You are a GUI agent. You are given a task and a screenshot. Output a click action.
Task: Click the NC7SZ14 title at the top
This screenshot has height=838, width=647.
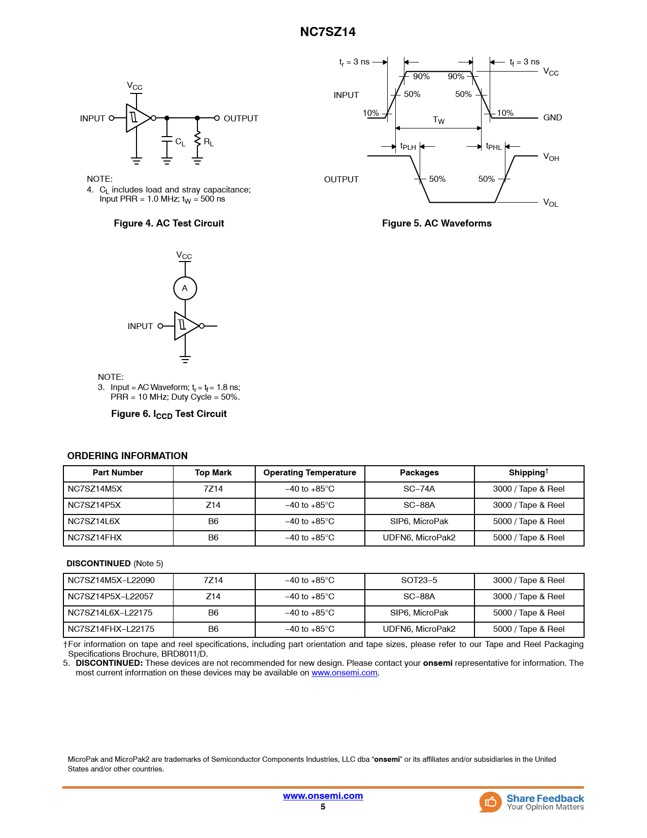click(328, 32)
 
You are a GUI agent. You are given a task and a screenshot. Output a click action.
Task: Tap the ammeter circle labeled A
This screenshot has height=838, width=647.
click(185, 288)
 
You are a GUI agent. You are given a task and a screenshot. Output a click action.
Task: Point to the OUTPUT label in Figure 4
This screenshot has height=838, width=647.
click(241, 118)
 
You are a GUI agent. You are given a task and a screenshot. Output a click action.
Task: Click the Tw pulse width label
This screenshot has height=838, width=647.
click(438, 120)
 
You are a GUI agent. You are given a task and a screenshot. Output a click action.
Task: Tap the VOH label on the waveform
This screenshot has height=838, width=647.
click(551, 157)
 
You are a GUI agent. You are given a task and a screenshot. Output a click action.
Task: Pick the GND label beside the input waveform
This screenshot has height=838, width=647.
click(552, 118)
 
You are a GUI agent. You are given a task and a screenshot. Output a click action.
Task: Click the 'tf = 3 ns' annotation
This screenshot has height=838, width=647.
click(524, 62)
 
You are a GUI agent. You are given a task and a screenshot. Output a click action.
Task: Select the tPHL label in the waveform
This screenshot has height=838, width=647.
click(493, 147)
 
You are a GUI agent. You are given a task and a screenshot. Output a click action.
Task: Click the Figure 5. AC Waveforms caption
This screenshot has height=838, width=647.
click(436, 223)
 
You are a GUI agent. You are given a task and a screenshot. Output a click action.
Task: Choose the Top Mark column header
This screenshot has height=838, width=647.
click(213, 473)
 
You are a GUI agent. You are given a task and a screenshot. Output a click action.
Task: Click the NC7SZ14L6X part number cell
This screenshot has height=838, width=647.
click(94, 522)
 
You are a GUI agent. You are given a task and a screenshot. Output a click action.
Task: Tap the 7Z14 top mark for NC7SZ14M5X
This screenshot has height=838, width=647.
click(213, 489)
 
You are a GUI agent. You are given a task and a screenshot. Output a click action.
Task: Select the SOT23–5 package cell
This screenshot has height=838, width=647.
click(419, 581)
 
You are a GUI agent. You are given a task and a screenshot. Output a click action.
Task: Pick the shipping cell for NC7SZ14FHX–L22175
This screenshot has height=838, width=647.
click(529, 629)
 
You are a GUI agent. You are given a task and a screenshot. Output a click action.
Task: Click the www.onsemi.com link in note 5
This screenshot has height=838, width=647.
click(344, 673)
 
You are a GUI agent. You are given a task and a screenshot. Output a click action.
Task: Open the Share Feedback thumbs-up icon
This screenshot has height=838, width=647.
click(490, 802)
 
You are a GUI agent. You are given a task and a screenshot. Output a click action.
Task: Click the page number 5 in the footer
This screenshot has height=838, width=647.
click(323, 807)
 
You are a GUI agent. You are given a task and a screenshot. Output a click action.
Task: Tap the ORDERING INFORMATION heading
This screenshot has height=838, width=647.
click(127, 456)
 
